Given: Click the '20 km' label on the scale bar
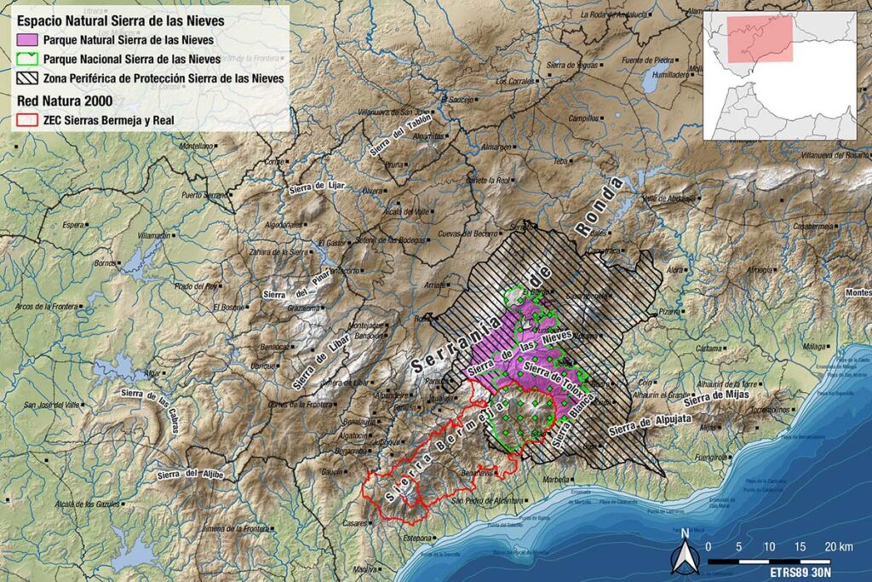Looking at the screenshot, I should [x=839, y=545].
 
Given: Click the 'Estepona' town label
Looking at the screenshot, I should [x=417, y=539].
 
